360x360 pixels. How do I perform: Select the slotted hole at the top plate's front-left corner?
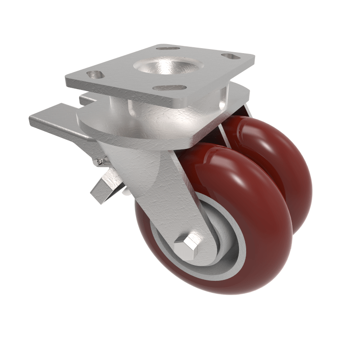96,74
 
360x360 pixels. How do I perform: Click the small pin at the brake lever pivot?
98,161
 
